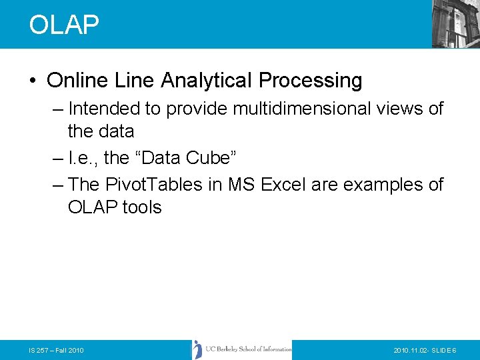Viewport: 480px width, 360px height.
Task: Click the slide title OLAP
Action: tap(64, 25)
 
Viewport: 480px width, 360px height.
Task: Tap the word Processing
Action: tap(311, 81)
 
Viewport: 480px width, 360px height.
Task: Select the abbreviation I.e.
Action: tap(83, 158)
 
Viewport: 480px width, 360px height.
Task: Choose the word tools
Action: tap(141, 207)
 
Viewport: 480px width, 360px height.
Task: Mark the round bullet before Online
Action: tap(33, 81)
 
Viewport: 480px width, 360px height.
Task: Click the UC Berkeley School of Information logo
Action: tap(242, 349)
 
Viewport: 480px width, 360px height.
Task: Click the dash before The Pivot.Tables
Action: tap(57, 184)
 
